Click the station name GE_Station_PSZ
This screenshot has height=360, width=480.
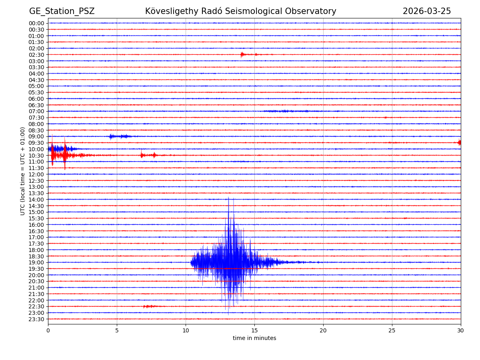coord(62,11)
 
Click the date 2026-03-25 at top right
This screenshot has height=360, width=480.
coord(426,11)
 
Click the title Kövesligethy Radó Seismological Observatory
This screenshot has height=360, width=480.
coord(240,11)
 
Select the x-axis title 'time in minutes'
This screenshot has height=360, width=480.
coord(254,338)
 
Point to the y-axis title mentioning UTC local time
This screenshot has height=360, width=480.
coord(23,171)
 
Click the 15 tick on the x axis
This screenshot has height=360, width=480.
coord(254,330)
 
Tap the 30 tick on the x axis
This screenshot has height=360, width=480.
coord(461,330)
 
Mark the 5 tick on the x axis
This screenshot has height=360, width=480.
coord(117,330)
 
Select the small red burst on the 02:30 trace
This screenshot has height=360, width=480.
coord(242,54)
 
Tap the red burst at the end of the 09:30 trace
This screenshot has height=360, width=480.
coord(459,142)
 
